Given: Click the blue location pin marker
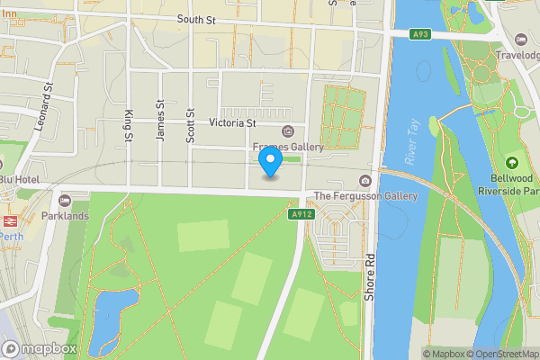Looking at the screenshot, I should (271, 163).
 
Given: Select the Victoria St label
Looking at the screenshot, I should (232, 122).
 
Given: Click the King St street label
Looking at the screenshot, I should (130, 126).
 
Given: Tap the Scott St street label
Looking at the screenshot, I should (190, 126).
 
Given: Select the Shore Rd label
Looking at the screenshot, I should (369, 280).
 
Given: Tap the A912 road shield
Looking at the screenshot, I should (300, 215).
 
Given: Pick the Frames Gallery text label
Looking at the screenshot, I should (288, 147).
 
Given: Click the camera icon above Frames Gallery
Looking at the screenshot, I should (288, 131).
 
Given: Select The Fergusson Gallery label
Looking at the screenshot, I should (365, 196).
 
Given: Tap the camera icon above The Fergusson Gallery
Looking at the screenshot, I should (365, 181).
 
